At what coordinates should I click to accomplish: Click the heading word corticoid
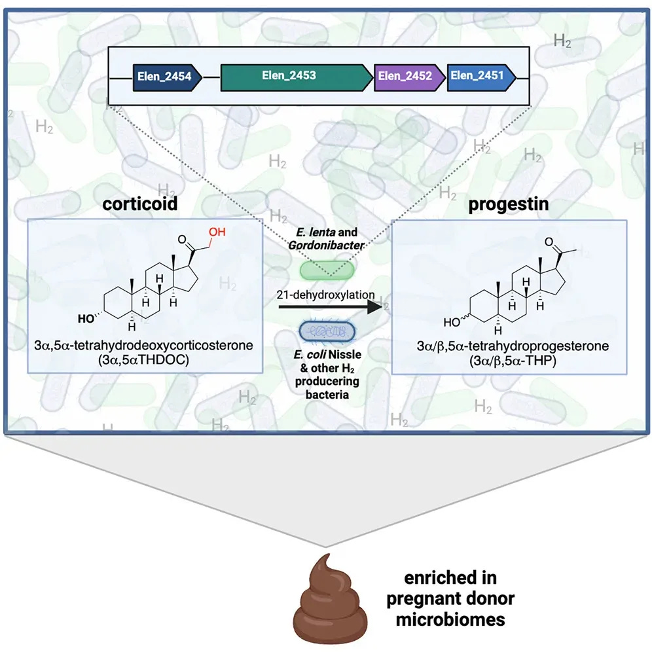140,204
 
